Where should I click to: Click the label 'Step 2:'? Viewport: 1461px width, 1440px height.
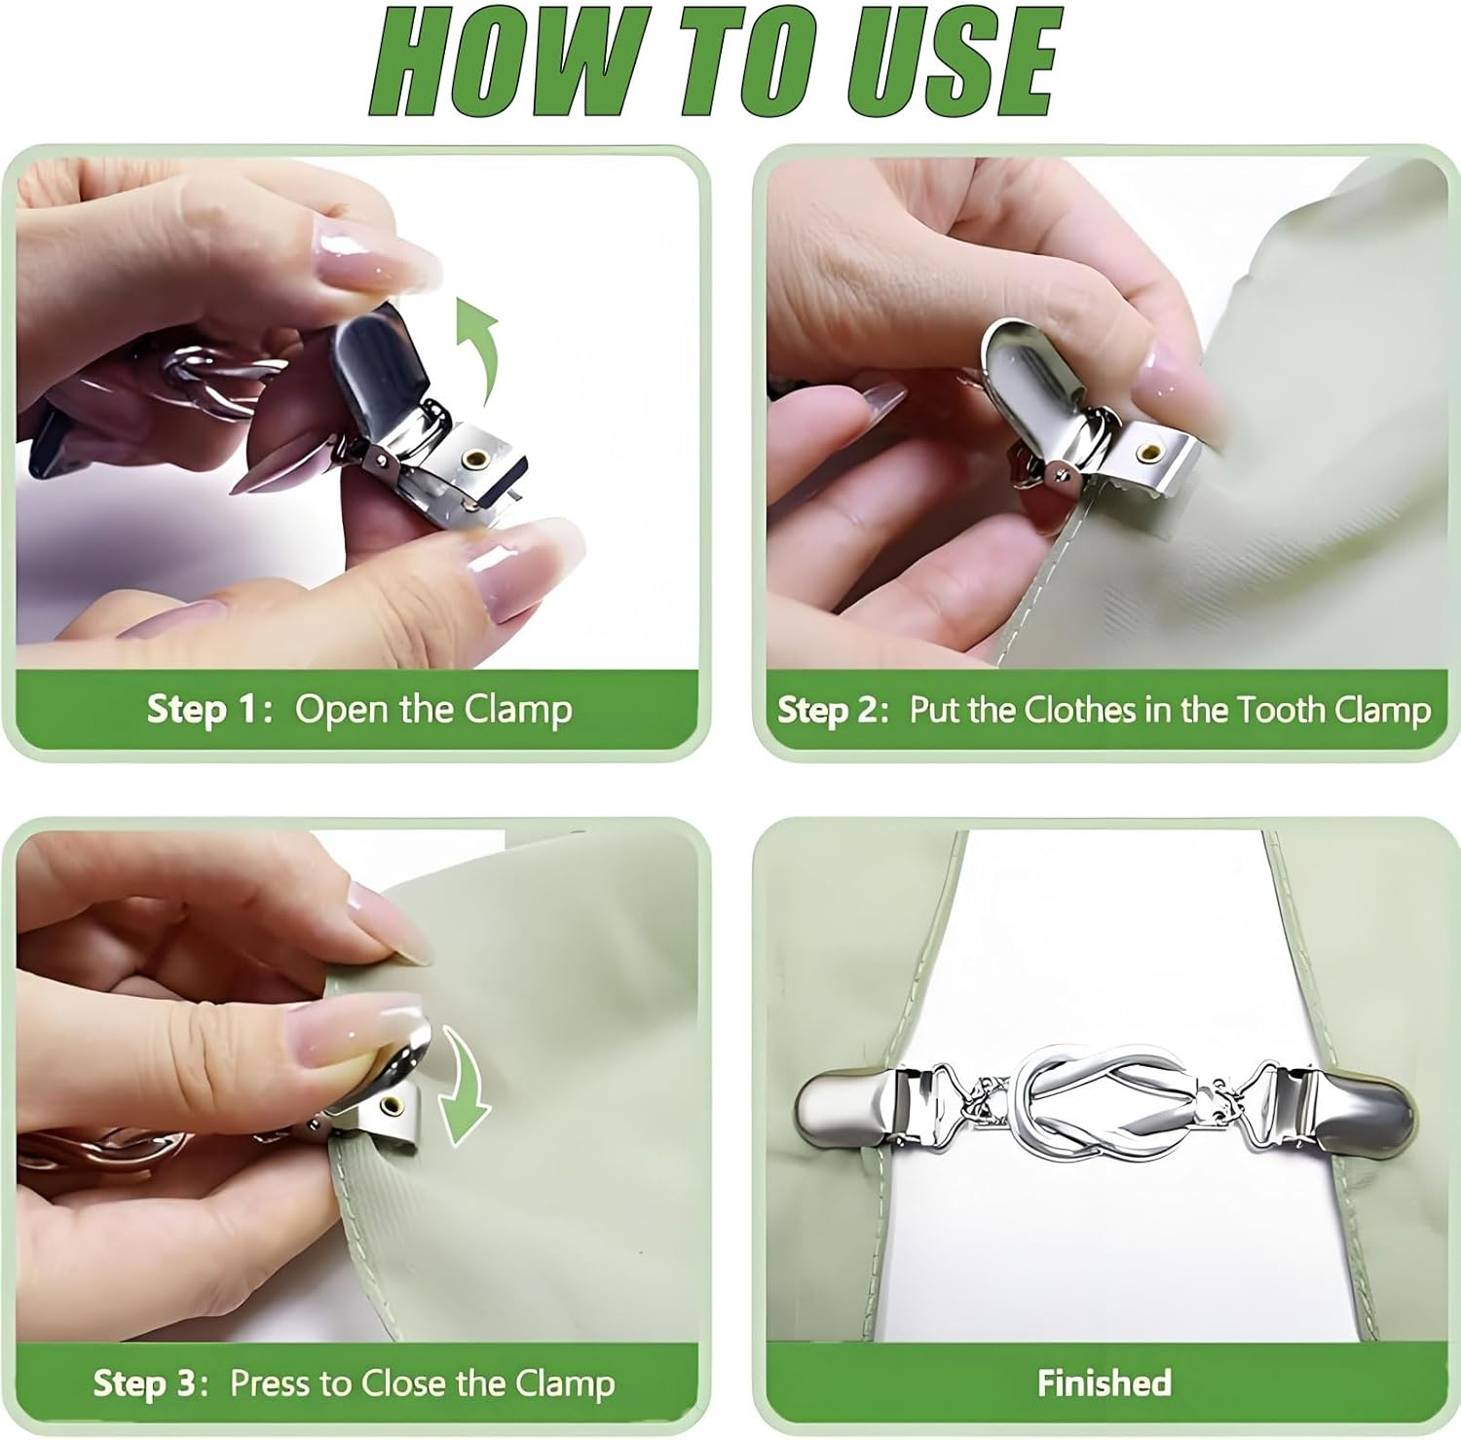(x=833, y=710)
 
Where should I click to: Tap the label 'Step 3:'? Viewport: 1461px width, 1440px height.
(x=150, y=1384)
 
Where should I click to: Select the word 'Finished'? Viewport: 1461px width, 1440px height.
(x=1105, y=1383)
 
